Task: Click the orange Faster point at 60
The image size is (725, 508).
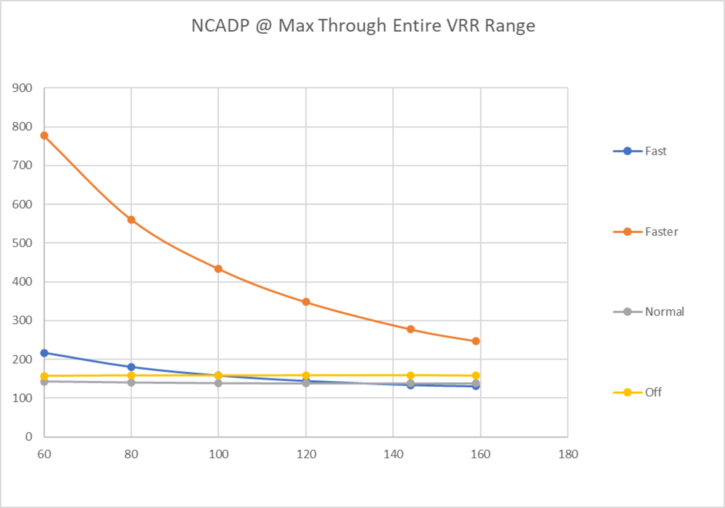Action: [44, 136]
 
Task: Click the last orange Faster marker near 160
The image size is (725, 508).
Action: [476, 341]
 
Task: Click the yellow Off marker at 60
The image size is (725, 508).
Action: [44, 376]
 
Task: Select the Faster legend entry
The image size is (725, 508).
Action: [661, 232]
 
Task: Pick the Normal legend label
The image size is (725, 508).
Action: [664, 312]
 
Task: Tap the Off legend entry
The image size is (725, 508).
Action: [653, 392]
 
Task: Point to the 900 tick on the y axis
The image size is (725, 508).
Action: [22, 88]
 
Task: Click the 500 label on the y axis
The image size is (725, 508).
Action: [22, 243]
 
